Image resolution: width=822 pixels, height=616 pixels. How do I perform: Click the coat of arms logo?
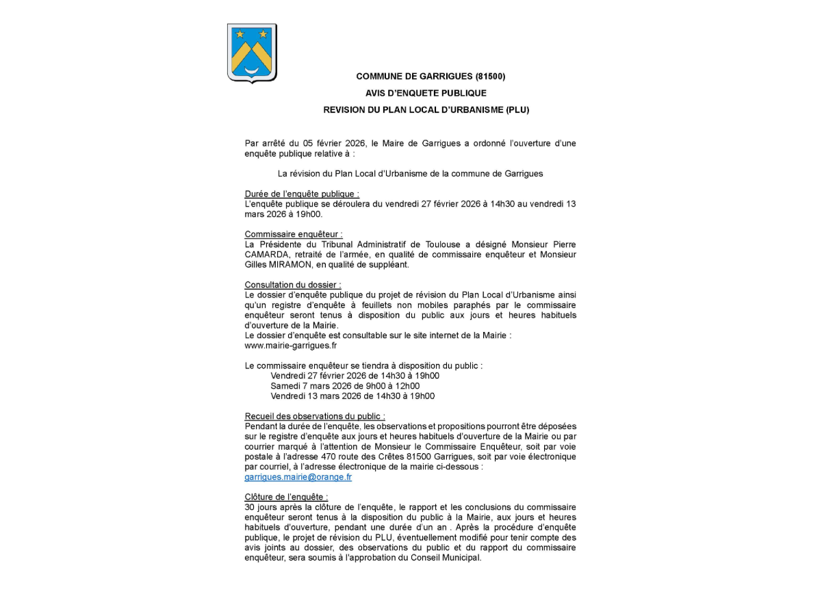(x=252, y=53)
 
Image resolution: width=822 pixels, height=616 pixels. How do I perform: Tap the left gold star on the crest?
(x=240, y=33)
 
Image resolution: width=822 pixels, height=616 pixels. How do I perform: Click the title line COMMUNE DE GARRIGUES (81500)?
(x=431, y=77)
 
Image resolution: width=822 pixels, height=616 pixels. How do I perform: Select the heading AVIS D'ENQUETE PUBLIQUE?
(x=426, y=93)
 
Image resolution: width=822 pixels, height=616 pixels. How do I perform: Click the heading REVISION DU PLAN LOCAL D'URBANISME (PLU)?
(x=426, y=110)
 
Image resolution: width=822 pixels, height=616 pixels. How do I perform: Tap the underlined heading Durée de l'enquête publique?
(x=302, y=194)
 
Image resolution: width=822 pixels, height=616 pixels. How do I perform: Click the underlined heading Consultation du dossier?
(x=293, y=285)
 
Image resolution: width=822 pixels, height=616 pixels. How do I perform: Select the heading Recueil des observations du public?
(x=315, y=416)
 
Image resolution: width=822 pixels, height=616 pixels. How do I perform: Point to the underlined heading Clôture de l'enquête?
(x=286, y=497)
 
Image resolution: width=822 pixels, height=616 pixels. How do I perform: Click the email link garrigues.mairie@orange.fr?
(x=298, y=477)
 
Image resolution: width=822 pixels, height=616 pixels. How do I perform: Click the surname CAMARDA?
(x=266, y=255)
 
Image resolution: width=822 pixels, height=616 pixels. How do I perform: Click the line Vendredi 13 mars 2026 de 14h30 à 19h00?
(x=352, y=396)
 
